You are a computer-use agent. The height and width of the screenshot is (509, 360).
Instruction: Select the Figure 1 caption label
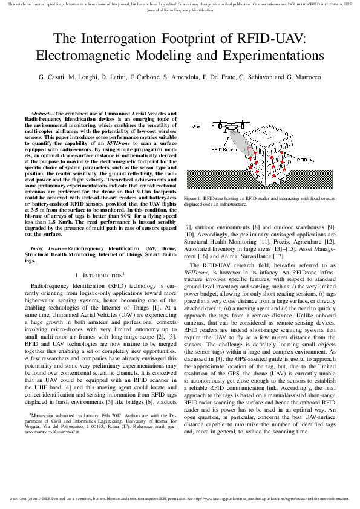pyautogui.click(x=193, y=198)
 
